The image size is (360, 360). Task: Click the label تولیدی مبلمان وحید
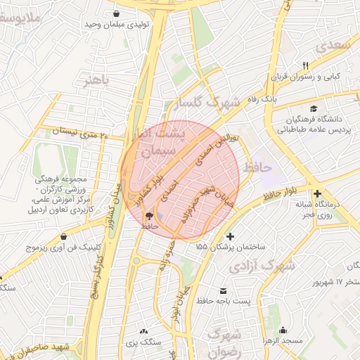[113, 25]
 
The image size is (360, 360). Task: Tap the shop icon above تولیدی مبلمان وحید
[115, 13]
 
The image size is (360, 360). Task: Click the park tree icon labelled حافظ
[148, 216]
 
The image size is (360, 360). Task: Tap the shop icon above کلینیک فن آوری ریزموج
[65, 236]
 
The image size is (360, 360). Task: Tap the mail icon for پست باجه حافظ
[224, 290]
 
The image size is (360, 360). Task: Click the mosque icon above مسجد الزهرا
[283, 330]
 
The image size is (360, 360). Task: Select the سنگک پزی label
[145, 342]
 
